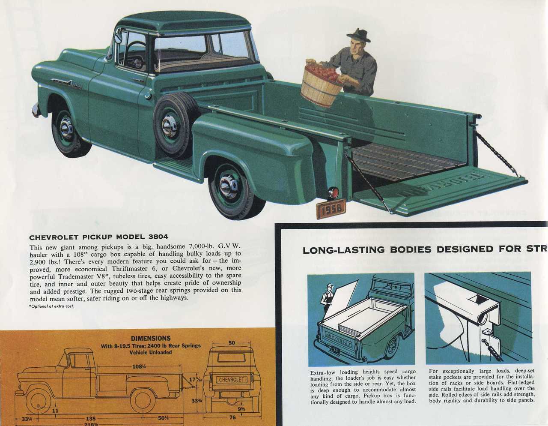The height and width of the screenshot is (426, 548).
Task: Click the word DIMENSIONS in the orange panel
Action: [x=150, y=338]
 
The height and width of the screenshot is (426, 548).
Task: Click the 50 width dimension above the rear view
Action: [x=232, y=343]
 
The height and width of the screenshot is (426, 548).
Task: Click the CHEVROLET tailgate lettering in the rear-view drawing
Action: [x=232, y=380]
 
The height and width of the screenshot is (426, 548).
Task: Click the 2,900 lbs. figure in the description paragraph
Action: [x=43, y=261]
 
